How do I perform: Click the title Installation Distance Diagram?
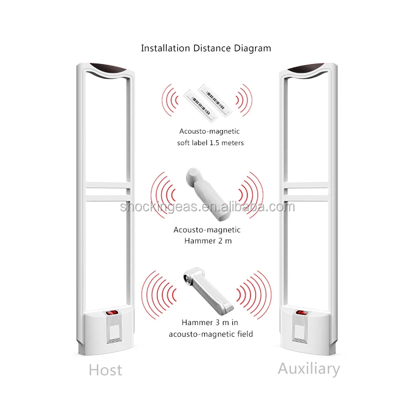click(x=206, y=48)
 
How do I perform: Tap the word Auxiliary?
click(x=309, y=368)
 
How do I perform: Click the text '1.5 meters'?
click(x=227, y=143)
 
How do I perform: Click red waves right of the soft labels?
click(x=243, y=99)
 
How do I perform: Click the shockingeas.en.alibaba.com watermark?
click(x=208, y=207)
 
